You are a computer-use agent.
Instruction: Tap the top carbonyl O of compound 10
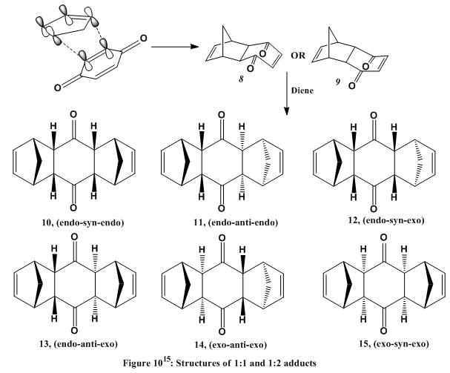coord(74,116)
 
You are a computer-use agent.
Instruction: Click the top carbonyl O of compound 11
coord(222,116)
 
